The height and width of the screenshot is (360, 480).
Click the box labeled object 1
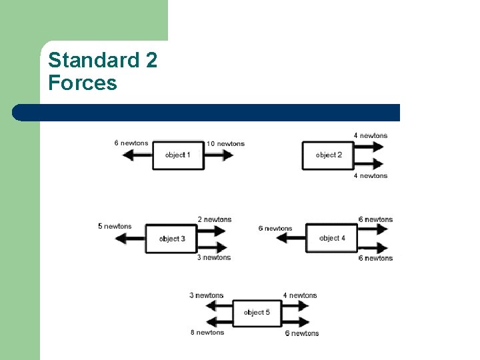point(178,155)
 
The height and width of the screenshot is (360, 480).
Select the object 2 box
point(328,155)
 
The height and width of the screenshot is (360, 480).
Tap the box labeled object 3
point(172,239)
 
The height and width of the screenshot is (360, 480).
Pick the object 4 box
point(331,238)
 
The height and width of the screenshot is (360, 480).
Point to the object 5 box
point(257,313)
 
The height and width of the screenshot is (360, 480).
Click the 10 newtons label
point(225,143)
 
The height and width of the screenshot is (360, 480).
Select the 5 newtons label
point(115,227)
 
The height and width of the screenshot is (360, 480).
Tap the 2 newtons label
point(215,219)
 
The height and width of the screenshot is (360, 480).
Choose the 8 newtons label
point(206,332)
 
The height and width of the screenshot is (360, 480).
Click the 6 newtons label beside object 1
point(131,143)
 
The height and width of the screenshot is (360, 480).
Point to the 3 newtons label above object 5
point(206,295)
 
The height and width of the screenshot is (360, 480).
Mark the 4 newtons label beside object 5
point(300,295)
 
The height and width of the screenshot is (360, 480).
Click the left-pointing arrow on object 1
point(137,155)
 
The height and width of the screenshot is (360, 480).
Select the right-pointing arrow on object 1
point(219,155)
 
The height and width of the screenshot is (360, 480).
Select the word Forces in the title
point(83,83)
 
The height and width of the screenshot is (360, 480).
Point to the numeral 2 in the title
point(151,61)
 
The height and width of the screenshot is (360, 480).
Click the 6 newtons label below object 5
point(302,333)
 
